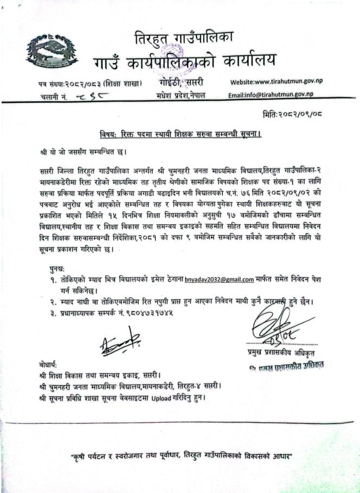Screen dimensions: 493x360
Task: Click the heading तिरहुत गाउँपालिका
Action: pos(184,39)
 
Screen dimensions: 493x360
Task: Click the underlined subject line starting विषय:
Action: pos(180,133)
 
